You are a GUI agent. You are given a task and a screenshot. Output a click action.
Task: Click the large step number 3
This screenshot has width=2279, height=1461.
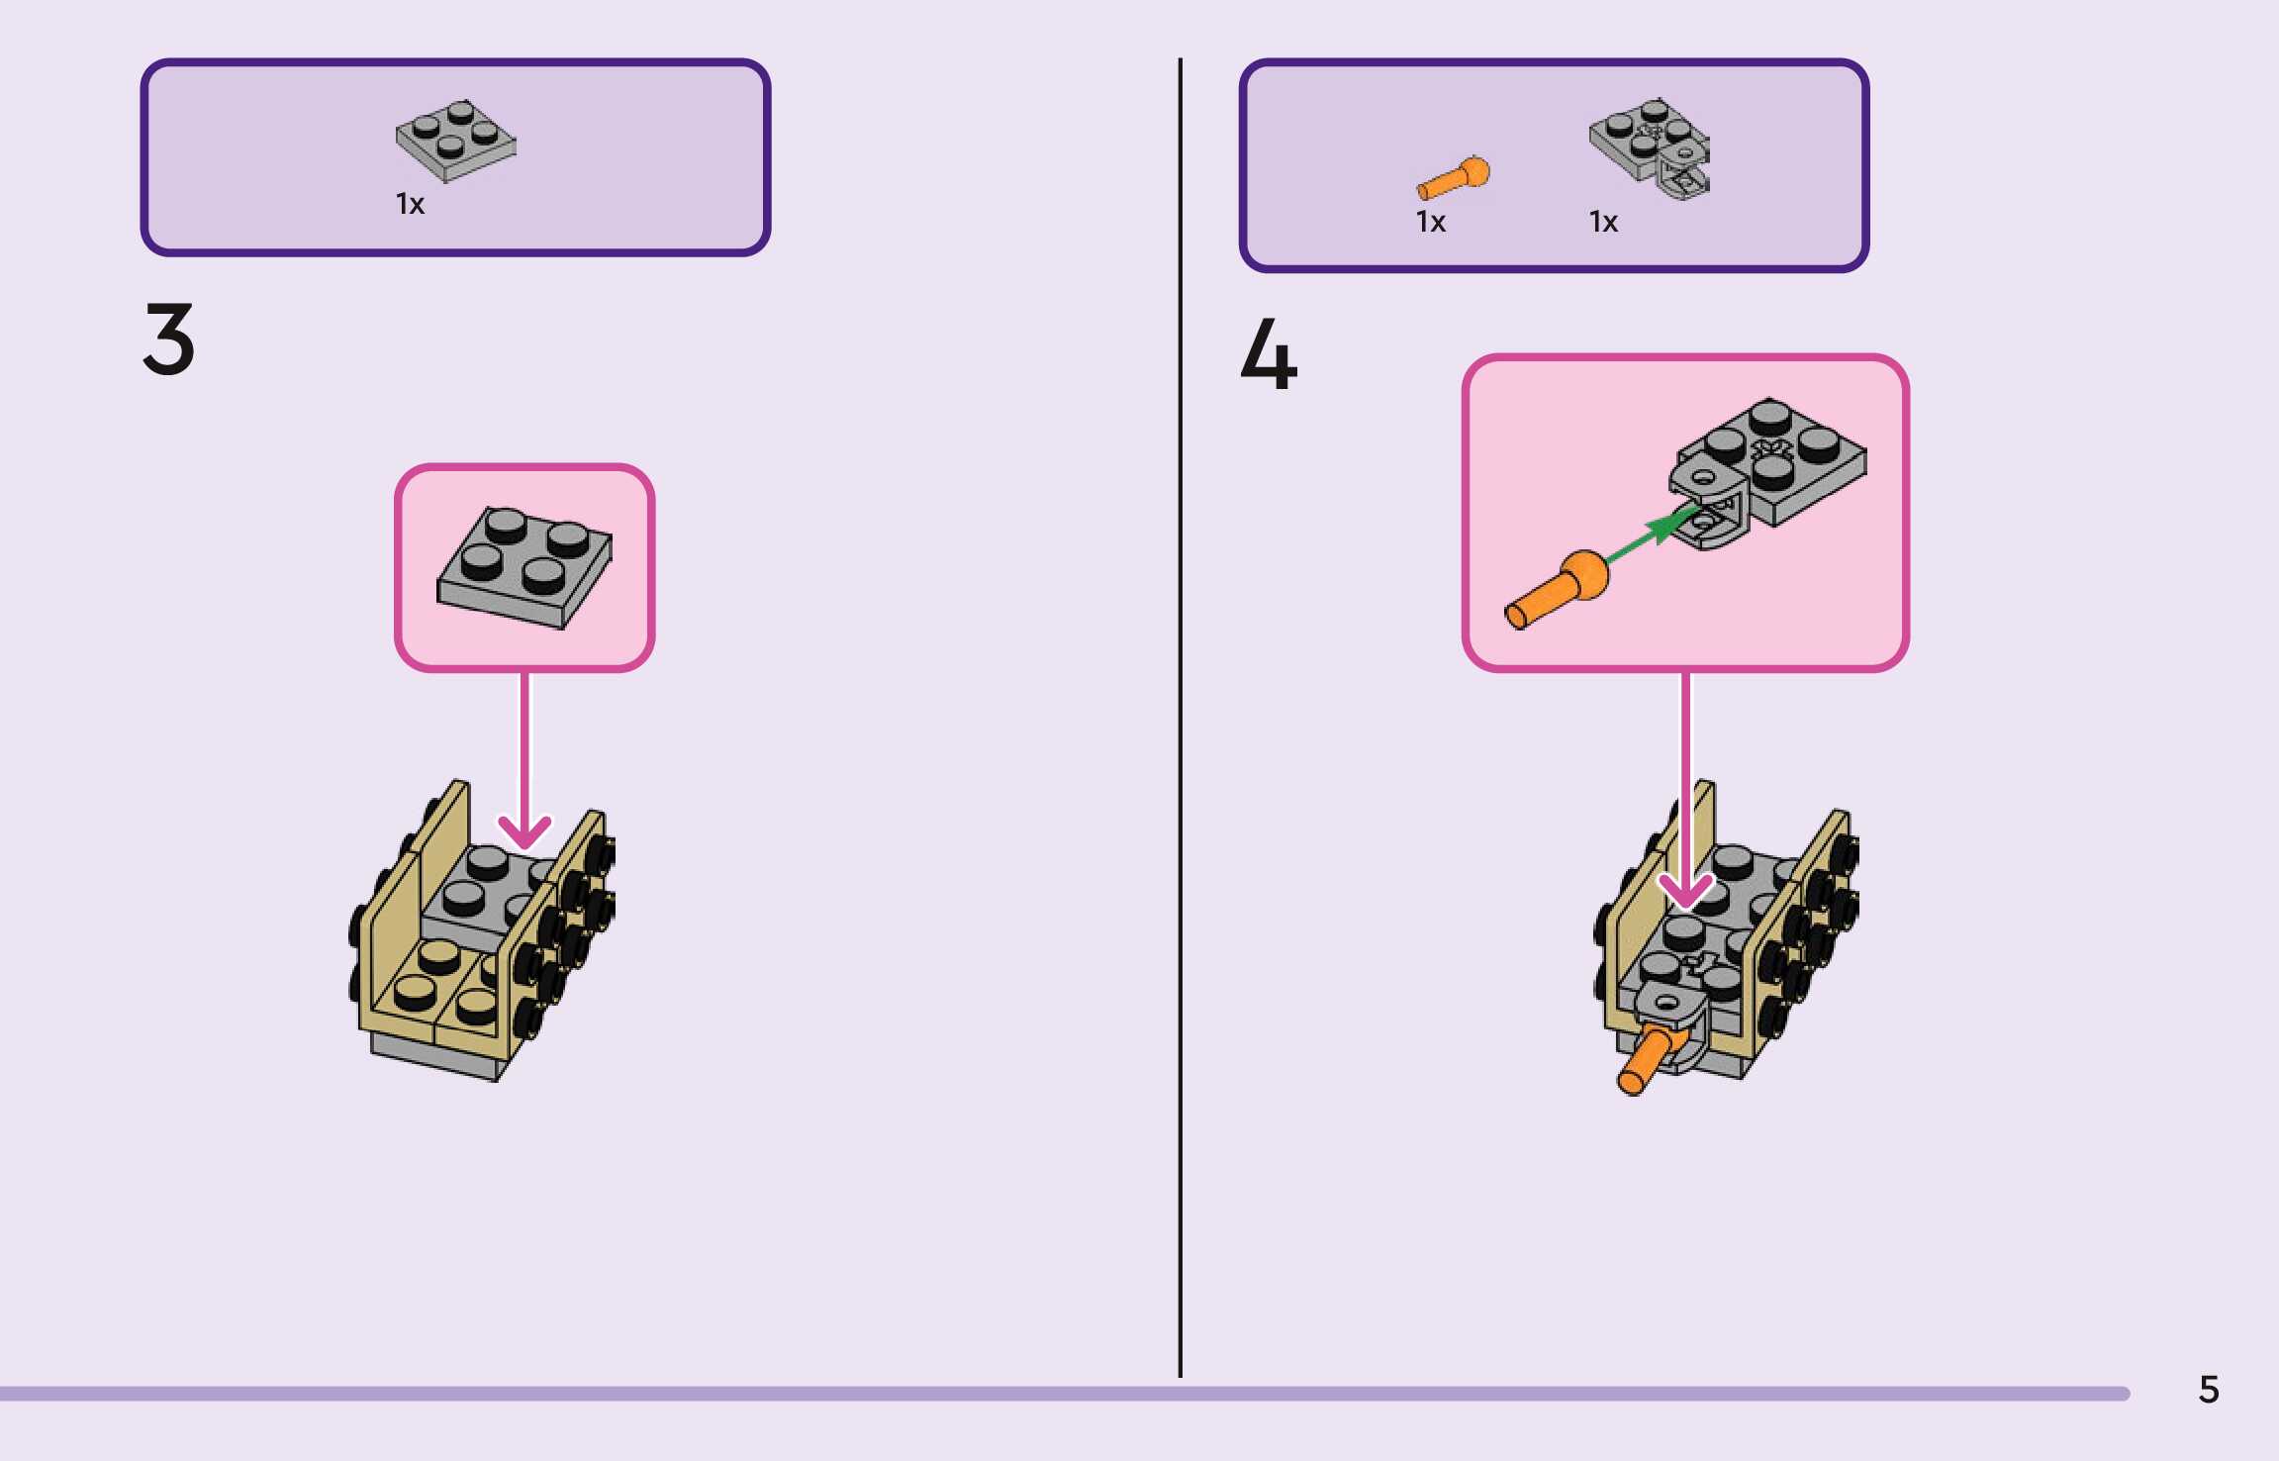coord(169,339)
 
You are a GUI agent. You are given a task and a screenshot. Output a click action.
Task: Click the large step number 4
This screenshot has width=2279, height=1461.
coord(1269,354)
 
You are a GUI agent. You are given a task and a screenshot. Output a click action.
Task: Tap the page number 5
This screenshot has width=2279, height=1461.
coord(2209,1390)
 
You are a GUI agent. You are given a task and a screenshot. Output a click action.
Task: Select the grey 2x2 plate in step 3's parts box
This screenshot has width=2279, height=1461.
coord(455,141)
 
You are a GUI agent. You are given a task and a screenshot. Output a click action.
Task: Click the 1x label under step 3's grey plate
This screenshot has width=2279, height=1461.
coord(410,204)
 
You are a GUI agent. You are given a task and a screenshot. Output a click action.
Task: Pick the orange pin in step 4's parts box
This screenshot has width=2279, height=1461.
coord(1453,178)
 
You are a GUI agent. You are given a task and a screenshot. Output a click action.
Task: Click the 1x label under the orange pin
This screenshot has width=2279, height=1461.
coord(1430,222)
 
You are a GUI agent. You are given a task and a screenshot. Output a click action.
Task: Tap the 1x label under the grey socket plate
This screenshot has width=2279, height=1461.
coord(1603,222)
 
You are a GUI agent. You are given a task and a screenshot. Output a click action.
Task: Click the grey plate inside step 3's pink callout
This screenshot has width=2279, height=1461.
coord(524,567)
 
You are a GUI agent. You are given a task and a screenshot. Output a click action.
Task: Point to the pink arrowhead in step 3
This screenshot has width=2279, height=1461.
coord(524,831)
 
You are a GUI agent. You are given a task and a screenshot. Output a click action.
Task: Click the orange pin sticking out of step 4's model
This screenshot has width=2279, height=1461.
coord(1643,1064)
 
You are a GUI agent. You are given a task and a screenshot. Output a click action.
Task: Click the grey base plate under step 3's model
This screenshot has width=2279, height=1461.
coord(435,1058)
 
